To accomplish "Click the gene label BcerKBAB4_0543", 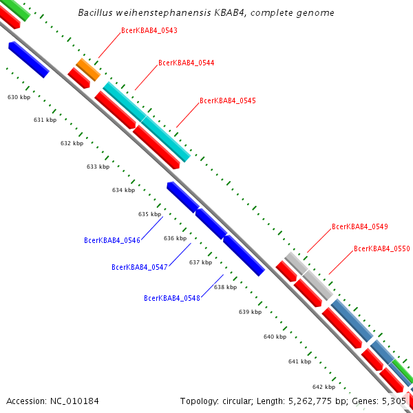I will tap(149, 30).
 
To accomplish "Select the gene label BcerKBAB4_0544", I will tap(186, 63).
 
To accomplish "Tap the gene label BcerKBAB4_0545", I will tap(227, 100).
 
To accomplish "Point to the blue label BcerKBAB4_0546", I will tap(112, 240).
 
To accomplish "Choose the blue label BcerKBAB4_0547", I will tap(140, 267).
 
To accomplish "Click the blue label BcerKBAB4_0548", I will tap(172, 298).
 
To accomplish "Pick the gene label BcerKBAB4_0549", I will tap(359, 226).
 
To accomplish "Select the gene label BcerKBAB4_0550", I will tap(381, 248).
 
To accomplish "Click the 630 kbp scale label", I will tap(19, 97).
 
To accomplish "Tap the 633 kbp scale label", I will tap(98, 167).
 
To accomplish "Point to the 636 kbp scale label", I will tap(175, 238).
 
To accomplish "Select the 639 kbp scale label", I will tap(250, 312).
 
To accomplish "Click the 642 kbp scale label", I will tap(324, 387).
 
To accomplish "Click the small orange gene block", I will tap(88, 70).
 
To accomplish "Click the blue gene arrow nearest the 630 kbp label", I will tap(28, 59).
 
